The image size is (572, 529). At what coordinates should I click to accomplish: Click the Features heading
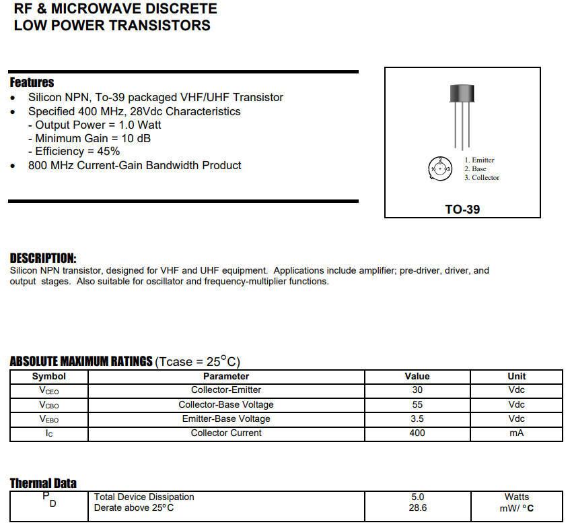click(32, 82)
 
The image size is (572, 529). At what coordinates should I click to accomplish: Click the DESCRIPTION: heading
click(43, 258)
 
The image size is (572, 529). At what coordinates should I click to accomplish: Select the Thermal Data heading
click(43, 483)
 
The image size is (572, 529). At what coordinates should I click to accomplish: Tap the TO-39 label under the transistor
click(462, 210)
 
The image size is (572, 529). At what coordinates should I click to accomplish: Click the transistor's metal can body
click(462, 93)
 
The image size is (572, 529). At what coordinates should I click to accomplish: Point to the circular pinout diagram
click(440, 168)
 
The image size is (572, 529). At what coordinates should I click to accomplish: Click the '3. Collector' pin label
click(482, 178)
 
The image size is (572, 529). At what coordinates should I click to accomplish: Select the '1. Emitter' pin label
click(479, 160)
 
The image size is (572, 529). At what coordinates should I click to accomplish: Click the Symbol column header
click(49, 376)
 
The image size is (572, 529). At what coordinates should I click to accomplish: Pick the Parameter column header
click(226, 376)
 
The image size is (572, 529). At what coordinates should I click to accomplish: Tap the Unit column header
click(516, 376)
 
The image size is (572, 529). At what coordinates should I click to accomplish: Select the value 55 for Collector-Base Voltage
click(417, 404)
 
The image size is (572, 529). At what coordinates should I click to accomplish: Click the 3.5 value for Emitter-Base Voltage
click(417, 418)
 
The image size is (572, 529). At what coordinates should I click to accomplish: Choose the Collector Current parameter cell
click(226, 433)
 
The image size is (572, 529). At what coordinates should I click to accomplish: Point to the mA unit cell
click(516, 433)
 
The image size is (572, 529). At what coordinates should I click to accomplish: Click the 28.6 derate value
click(417, 507)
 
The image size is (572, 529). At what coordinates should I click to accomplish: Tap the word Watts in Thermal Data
click(516, 497)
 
